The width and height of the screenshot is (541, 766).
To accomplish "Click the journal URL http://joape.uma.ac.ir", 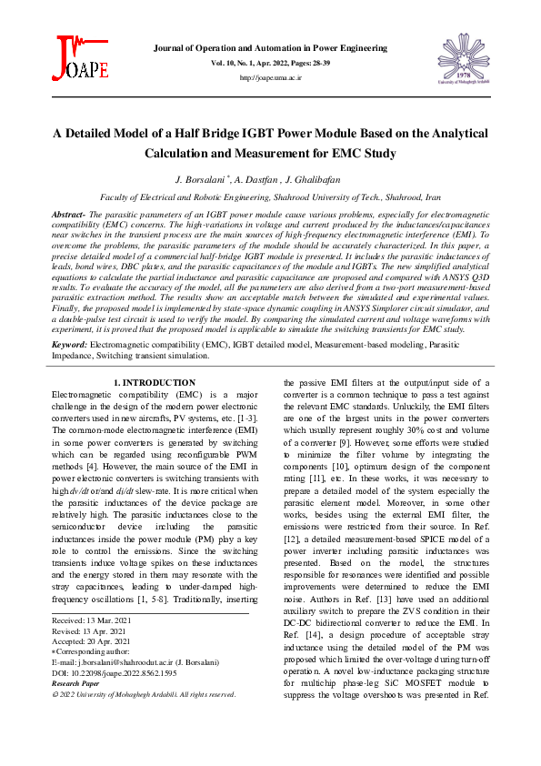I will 270,78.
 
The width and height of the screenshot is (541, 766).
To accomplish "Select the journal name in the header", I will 270,46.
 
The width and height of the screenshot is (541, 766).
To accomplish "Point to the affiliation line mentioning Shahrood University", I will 270,197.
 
